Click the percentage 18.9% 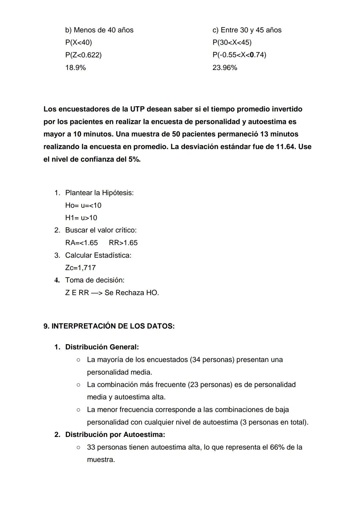click(x=75, y=68)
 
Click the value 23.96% click(x=225, y=68)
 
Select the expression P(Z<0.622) click(x=83, y=55)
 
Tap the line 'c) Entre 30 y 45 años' click(x=247, y=30)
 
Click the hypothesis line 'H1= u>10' click(x=81, y=218)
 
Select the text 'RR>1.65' click(x=123, y=243)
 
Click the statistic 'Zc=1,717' click(x=80, y=268)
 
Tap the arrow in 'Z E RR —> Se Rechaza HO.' click(x=96, y=293)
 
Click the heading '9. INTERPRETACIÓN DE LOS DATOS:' click(x=109, y=326)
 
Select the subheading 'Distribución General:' click(x=102, y=347)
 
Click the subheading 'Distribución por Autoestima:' click(x=115, y=435)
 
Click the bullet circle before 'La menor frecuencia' click(x=78, y=410)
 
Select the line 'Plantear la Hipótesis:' click(x=99, y=193)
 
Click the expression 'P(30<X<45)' click(x=232, y=43)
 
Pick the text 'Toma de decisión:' click(x=95, y=280)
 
